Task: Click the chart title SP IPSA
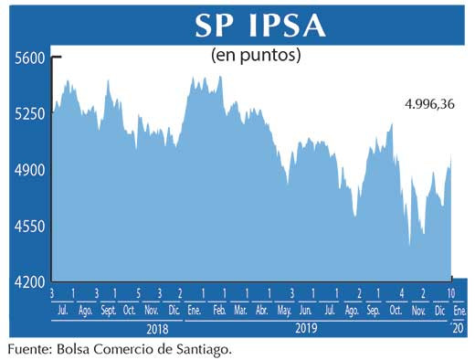click(259, 25)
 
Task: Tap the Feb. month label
click(219, 312)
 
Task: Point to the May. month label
click(285, 312)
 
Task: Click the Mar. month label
click(242, 312)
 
